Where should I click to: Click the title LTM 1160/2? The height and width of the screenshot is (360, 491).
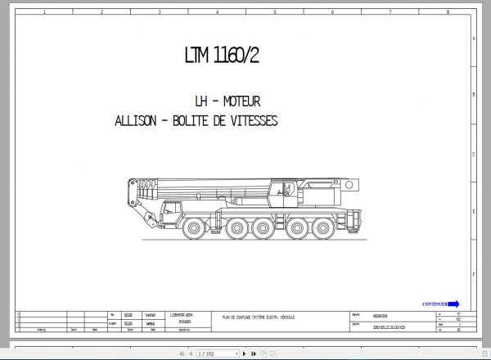pos(227,56)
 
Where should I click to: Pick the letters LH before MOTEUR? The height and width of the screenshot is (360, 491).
pos(201,101)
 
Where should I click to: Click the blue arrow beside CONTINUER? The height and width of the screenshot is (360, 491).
pos(454,304)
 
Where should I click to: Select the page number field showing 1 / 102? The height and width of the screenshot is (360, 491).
pos(205,353)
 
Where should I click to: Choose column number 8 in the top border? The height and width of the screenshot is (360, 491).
pos(448,12)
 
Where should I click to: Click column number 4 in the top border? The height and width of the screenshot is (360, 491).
pos(216,12)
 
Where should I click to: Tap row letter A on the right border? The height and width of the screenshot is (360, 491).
pos(475,39)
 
